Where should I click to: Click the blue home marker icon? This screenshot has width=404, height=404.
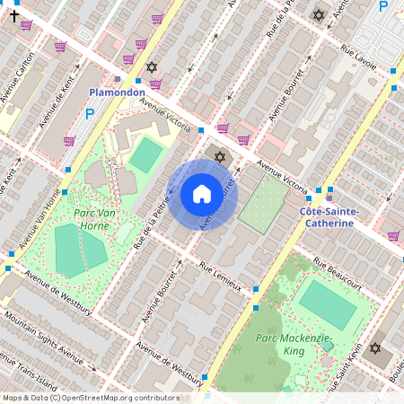pyautogui.click(x=202, y=194)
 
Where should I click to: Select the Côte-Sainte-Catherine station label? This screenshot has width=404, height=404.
pyautogui.click(x=327, y=216)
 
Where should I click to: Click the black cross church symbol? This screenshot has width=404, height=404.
pyautogui.click(x=13, y=15)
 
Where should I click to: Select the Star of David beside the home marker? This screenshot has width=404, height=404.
pyautogui.click(x=220, y=158)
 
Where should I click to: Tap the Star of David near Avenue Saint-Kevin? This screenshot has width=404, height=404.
pyautogui.click(x=375, y=348)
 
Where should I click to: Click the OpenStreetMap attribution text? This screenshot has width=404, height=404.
pyautogui.click(x=90, y=398)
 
